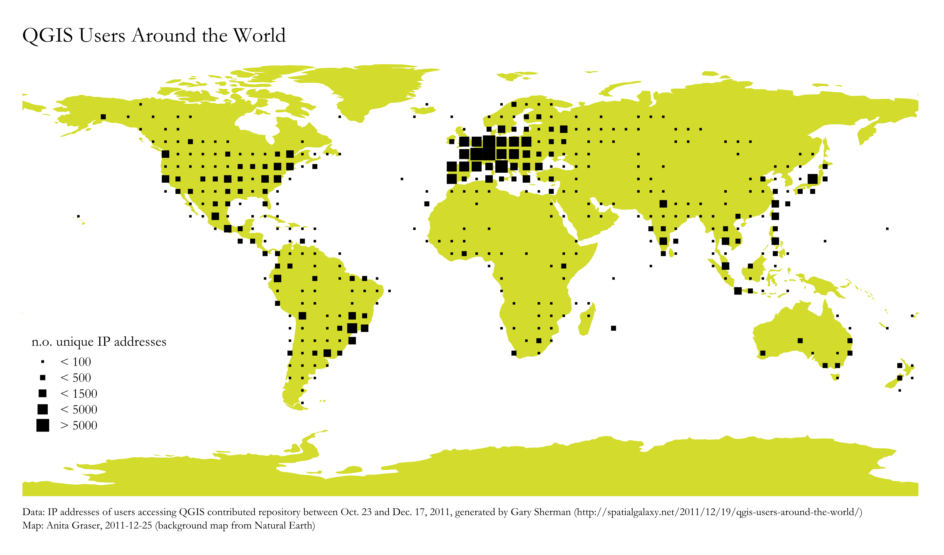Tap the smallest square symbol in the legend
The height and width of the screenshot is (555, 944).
43,362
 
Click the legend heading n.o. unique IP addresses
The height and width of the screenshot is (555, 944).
99,342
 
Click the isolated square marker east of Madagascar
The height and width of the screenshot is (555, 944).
613,328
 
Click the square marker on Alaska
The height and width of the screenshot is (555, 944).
103,117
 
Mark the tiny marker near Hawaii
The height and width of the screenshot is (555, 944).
78,216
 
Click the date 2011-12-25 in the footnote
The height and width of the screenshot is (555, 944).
128,526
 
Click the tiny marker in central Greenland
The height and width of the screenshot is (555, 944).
339,117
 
